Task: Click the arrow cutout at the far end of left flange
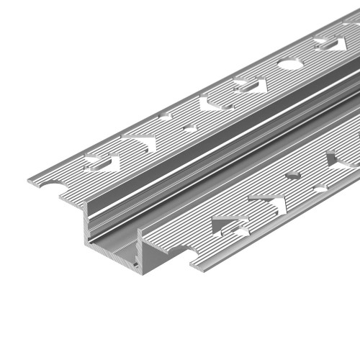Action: [329, 45]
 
